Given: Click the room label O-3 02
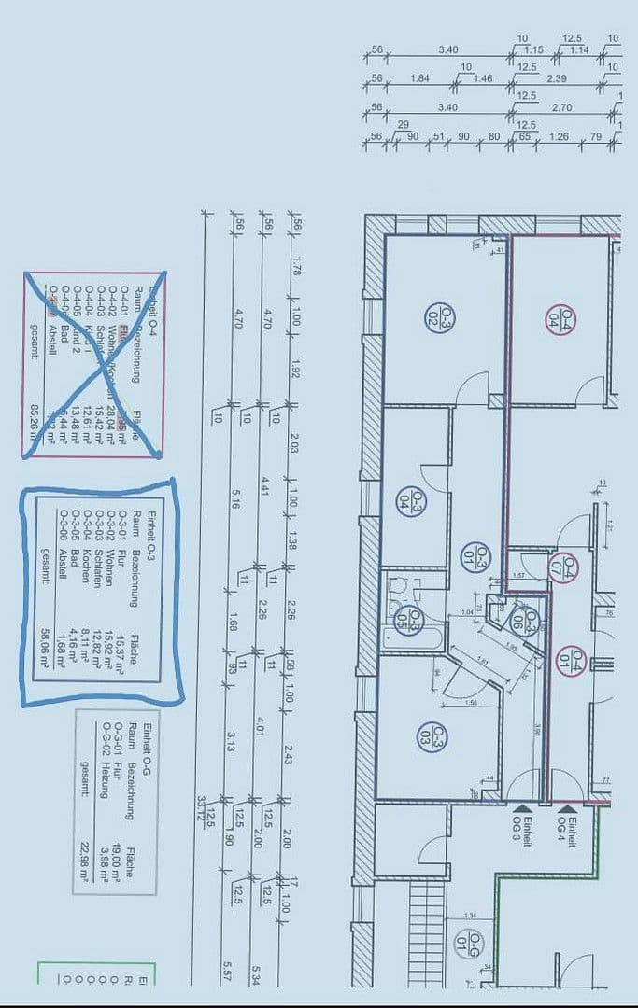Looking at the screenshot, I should pos(433,315).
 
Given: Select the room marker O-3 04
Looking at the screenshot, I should pos(418,500).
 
